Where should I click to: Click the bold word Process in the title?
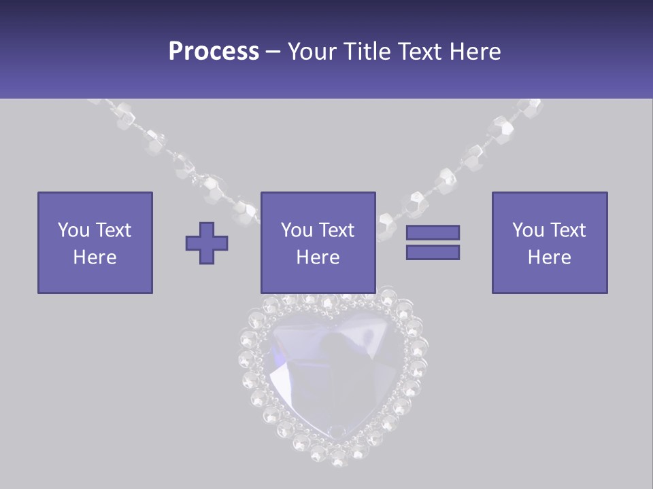[214, 52]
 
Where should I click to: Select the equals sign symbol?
[433, 242]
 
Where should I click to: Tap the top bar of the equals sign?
[433, 232]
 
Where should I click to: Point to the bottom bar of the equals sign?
[433, 253]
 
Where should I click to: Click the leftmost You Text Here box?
[95, 242]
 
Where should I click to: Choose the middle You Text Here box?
[318, 242]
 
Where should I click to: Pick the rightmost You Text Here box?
[549, 242]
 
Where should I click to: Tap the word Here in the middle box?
[318, 257]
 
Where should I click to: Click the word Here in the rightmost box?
[549, 257]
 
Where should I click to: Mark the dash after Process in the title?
[273, 52]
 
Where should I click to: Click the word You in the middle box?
[297, 230]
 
